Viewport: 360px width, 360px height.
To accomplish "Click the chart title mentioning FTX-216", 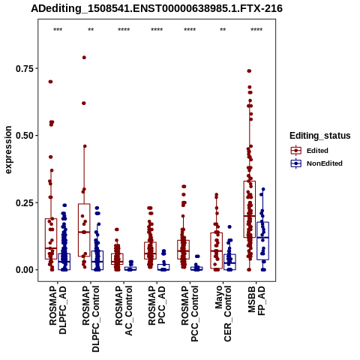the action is (x=157, y=9).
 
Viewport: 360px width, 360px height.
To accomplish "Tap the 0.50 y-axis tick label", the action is (x=25, y=136).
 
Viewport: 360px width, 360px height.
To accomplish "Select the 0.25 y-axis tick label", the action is (x=25, y=202).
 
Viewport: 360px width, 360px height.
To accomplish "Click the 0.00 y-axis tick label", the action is (x=25, y=270).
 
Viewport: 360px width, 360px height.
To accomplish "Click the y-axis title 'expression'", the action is (x=8, y=150).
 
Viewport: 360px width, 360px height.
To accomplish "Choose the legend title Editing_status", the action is (x=320, y=136).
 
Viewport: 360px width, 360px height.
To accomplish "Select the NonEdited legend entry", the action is (x=316, y=163).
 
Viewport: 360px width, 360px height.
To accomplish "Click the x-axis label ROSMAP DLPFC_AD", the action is (x=58, y=310).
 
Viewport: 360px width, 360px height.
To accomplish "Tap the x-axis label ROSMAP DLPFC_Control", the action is (x=91, y=319).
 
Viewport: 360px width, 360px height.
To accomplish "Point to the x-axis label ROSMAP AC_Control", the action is (x=124, y=310).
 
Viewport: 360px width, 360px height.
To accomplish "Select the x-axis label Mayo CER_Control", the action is (x=223, y=314).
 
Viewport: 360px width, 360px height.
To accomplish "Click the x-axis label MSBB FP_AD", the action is (x=256, y=301).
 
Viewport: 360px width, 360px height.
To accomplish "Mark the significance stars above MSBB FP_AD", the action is (x=256, y=30).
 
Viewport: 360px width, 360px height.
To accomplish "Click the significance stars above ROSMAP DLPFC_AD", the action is (x=58, y=30).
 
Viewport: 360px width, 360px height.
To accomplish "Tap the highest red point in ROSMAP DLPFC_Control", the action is (x=84, y=58).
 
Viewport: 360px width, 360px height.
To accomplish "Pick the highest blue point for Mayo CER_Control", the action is (x=229, y=226).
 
